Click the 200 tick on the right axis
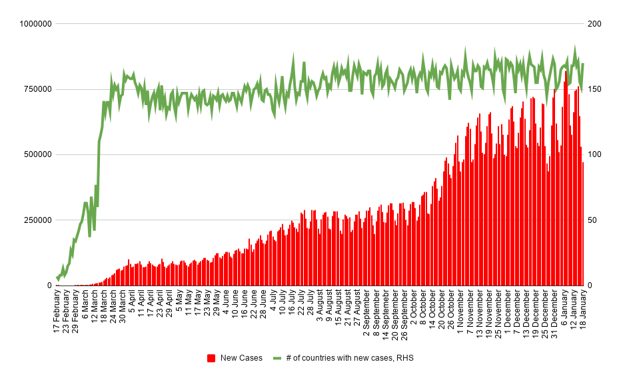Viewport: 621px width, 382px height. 594,24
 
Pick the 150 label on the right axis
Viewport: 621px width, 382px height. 594,89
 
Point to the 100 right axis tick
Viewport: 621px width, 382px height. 594,154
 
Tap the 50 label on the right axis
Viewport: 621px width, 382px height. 592,220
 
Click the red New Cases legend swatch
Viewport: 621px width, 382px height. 211,358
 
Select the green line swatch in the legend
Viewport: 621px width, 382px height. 277,358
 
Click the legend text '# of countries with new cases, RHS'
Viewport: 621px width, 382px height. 350,358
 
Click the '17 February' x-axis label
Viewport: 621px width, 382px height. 57,313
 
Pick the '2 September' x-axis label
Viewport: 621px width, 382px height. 366,313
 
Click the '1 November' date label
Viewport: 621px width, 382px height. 460,311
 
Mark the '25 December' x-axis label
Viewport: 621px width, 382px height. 544,313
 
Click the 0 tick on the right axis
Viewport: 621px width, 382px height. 590,286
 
